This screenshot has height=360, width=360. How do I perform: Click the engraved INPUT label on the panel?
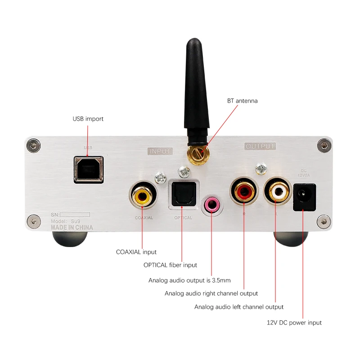pyautogui.click(x=160, y=151)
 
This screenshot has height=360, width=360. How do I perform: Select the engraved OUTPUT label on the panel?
pyautogui.click(x=260, y=146)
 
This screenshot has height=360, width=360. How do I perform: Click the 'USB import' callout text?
pyautogui.click(x=88, y=119)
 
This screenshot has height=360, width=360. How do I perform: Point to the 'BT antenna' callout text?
pyautogui.click(x=242, y=101)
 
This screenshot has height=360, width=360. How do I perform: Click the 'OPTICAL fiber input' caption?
pyautogui.click(x=170, y=265)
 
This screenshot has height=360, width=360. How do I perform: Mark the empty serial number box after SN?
pyautogui.click(x=75, y=214)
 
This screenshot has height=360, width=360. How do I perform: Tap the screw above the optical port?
pyautogui.click(x=182, y=171)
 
